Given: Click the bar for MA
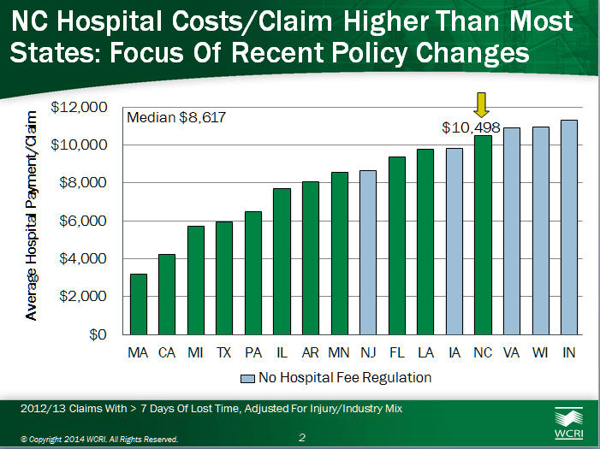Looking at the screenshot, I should (138, 304).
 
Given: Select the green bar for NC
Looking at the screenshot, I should (484, 234).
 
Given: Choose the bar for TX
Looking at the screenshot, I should (224, 278).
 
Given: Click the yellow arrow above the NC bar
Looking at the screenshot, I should (483, 104).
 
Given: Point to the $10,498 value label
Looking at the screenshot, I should (471, 127).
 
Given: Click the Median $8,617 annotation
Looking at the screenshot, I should (176, 118).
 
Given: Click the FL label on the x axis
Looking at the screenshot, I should (397, 352).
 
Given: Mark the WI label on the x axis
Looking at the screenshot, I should (541, 352).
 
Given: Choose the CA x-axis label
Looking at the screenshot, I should (167, 352).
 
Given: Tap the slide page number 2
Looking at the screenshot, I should (302, 438).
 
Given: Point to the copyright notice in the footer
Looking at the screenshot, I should (99, 439).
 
